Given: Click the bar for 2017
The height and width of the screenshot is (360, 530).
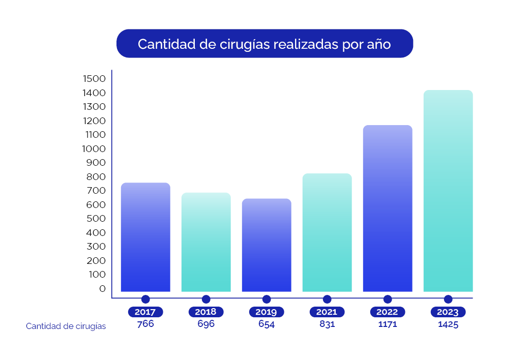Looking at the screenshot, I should point(145,237).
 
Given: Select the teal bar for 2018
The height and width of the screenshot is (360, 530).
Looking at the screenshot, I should point(206,242).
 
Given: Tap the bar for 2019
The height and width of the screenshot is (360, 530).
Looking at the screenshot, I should point(267,245).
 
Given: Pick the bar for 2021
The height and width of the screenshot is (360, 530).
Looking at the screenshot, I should point(327,232).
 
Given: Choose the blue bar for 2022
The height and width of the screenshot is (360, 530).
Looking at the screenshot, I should point(388,208).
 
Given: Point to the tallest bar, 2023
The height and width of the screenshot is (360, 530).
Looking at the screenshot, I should point(448,191).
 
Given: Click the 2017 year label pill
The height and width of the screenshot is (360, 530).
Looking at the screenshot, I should point(145,312).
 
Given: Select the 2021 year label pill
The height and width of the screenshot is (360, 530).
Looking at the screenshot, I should point(327,312).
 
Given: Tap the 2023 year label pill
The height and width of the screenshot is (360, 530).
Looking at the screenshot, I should point(448,312).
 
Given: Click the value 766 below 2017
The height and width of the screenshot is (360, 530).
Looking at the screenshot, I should point(145,323).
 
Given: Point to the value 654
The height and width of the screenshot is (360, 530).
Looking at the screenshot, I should point(267,324).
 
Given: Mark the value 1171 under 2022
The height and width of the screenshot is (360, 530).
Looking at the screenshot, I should point(388,324).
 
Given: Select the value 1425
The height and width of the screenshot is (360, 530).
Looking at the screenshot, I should point(448,324).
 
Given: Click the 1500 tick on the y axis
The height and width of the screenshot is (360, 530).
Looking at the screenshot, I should point(94,79).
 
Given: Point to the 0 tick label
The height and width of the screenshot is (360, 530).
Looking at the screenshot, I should point(102,288).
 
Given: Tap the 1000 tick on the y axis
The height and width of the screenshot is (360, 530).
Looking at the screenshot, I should point(94,149).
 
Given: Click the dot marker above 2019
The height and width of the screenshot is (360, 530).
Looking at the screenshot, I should point(267,299).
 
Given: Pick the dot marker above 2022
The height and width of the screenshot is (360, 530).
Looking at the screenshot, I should point(388,299).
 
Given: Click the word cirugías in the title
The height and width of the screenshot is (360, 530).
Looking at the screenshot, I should point(245,44).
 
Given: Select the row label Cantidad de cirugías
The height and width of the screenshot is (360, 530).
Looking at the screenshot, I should point(66,326).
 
